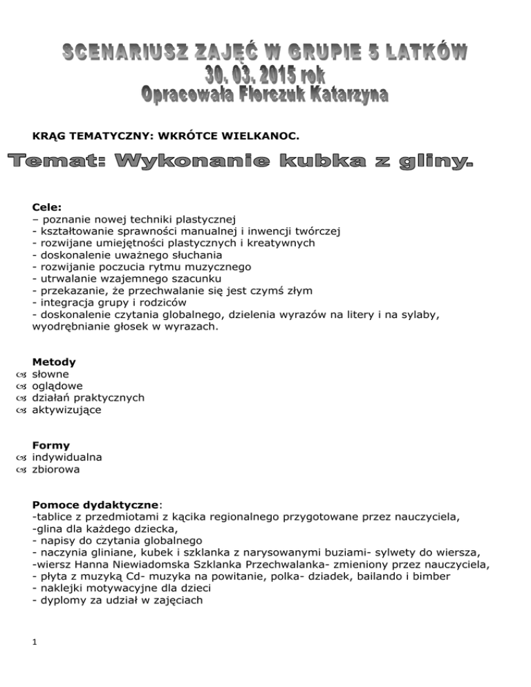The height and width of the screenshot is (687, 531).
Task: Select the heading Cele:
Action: [46, 206]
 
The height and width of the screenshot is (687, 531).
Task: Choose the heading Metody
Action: [54, 361]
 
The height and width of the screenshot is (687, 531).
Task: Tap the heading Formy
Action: [51, 445]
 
